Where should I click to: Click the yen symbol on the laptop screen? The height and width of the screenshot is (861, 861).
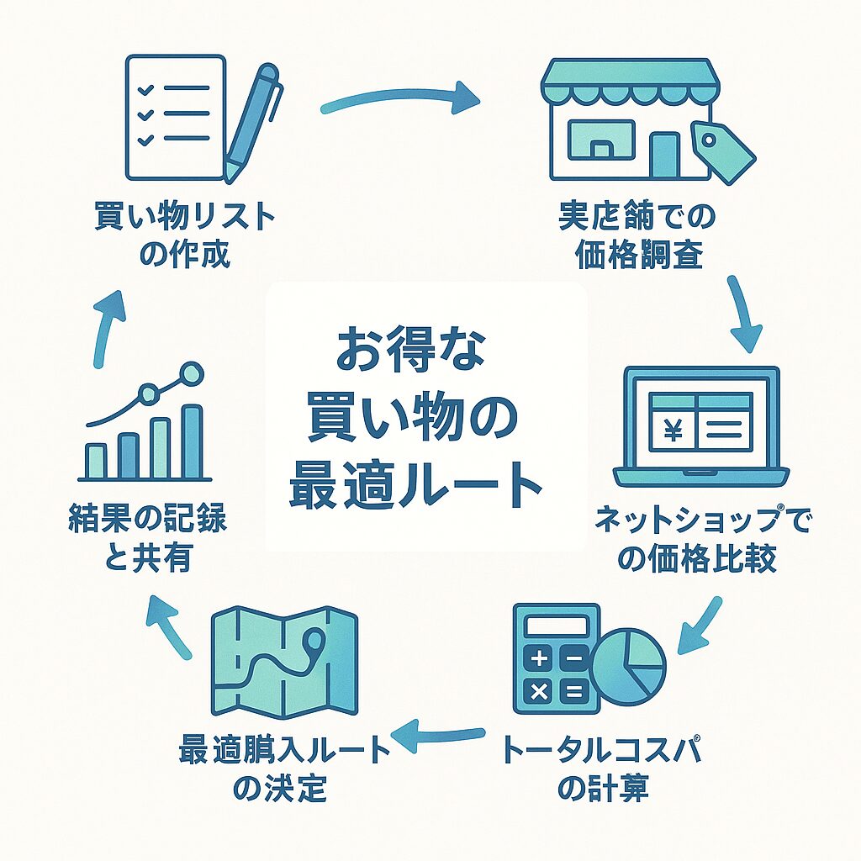click(673, 430)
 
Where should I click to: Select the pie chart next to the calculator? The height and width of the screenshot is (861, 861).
click(628, 667)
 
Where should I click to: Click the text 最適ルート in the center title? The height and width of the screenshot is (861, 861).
click(414, 487)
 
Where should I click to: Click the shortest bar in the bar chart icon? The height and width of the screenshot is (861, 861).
click(96, 460)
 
